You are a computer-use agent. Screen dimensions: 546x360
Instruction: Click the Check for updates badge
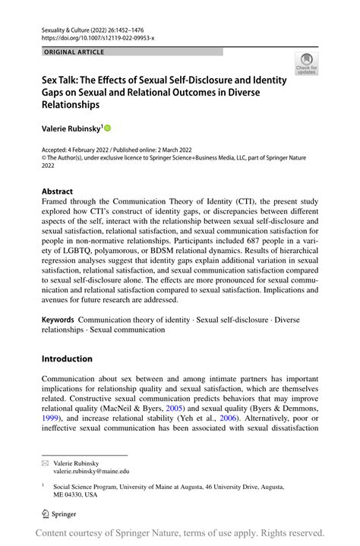coord(306,65)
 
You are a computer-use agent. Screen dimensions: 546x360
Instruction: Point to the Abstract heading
coord(58,191)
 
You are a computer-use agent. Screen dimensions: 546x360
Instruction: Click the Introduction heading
coord(67,358)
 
